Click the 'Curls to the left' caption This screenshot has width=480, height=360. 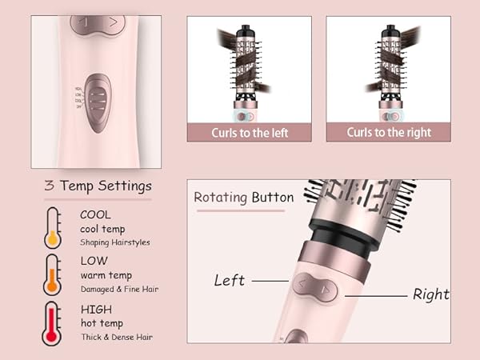tap(249, 132)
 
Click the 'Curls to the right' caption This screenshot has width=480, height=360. tap(389, 132)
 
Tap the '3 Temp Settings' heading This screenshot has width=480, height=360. tap(98, 186)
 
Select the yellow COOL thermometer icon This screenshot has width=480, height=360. tap(54, 227)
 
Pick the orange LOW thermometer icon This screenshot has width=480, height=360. tap(54, 274)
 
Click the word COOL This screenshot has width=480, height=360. tap(95, 214)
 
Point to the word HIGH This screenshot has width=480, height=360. tap(96, 309)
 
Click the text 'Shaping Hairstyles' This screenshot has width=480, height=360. tap(114, 242)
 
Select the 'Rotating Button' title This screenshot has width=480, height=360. tap(244, 197)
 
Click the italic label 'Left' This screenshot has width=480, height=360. tap(229, 281)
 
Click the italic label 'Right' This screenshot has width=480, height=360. tap(430, 294)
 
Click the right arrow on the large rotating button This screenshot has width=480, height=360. tap(324, 289)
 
